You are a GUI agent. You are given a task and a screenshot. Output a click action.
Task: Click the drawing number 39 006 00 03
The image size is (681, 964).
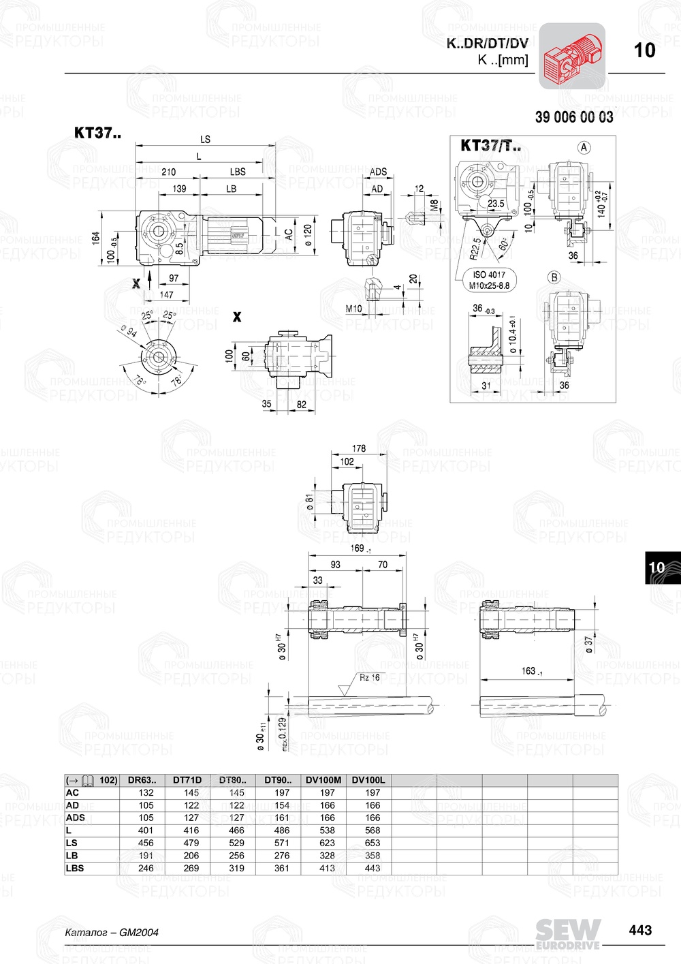click(573, 117)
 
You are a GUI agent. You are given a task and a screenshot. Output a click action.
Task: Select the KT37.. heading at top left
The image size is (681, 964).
click(97, 133)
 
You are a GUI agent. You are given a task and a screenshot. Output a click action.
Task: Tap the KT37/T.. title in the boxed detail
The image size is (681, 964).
click(490, 145)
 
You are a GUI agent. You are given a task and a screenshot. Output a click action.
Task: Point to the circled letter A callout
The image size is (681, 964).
click(584, 147)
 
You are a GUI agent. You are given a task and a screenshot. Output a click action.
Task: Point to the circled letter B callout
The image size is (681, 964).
click(554, 277)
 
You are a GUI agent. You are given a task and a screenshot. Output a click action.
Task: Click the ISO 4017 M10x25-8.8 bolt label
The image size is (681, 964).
click(488, 280)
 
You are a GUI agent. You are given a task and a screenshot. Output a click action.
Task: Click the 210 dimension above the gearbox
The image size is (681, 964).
click(168, 172)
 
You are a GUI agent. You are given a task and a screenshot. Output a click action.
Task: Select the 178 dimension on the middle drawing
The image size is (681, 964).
click(359, 448)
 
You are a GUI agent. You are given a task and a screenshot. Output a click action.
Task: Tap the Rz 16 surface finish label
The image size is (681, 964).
click(370, 677)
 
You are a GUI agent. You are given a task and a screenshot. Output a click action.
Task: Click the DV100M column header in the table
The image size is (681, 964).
click(323, 780)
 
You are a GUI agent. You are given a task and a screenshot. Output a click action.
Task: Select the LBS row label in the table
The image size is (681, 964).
click(75, 868)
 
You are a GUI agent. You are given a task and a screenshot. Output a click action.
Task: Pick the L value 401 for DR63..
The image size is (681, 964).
click(146, 830)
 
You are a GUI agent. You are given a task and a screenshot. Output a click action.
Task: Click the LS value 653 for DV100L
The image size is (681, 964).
click(373, 843)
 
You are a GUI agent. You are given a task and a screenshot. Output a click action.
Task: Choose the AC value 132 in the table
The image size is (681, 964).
click(146, 792)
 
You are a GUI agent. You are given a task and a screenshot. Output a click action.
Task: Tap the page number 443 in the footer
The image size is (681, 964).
click(640, 930)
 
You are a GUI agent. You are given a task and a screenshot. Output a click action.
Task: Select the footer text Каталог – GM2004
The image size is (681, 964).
click(112, 932)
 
